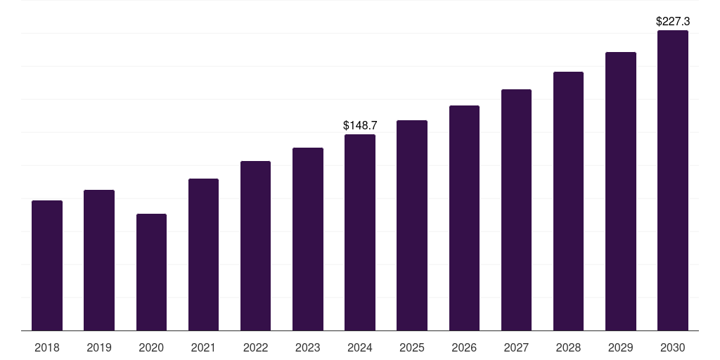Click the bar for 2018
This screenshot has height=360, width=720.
coord(47,266)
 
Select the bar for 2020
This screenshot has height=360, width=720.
coord(151,272)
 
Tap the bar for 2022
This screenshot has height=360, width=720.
coord(255,246)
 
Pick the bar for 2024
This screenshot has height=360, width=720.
coord(360,233)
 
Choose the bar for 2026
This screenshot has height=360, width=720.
coord(464,218)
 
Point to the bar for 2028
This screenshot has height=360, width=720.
coord(568,201)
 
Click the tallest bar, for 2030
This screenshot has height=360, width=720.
coord(673,181)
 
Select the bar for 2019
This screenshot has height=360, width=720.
coord(99,260)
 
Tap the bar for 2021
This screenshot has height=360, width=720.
coord(203,255)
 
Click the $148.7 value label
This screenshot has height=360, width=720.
coord(360,125)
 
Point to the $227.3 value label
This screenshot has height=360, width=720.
coord(673,22)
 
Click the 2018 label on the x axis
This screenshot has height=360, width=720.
coord(47,347)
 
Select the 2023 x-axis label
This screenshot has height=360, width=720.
coord(308,347)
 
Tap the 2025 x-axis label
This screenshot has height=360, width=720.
coord(412,347)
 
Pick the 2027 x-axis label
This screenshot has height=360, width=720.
coord(516,347)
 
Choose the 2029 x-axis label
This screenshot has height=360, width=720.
coord(621,347)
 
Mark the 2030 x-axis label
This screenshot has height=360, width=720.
coord(673,347)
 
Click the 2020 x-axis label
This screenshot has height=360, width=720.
coord(151,347)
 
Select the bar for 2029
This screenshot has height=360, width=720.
coord(621,191)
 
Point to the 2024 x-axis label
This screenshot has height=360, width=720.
coord(360,347)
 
